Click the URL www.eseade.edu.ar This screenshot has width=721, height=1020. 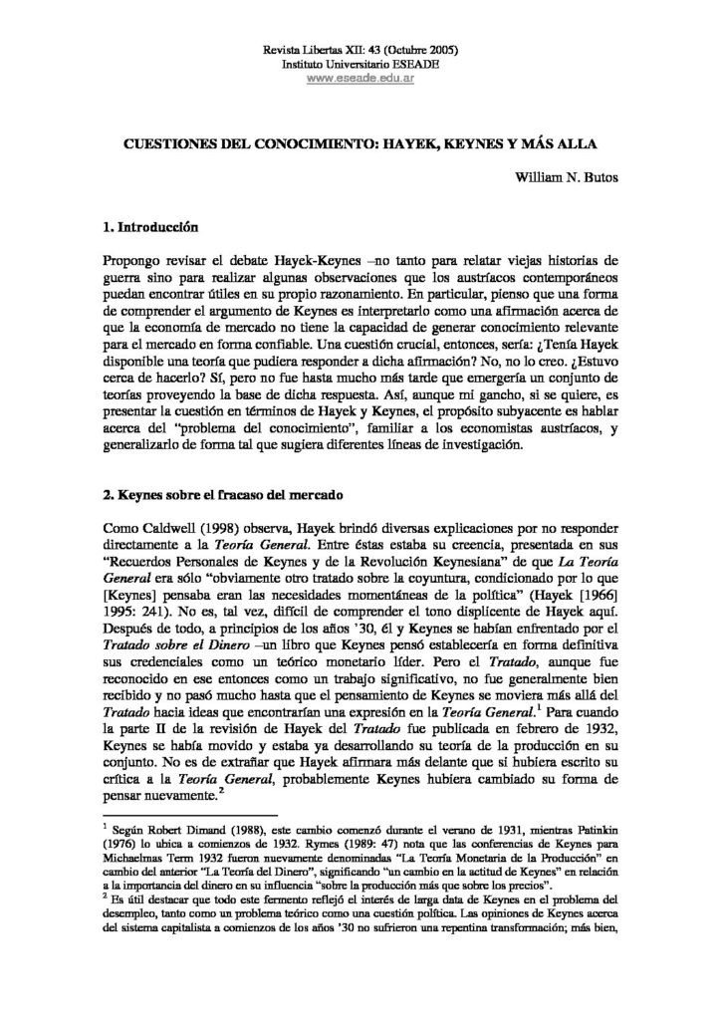point(360,78)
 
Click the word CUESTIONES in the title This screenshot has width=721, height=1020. point(164,142)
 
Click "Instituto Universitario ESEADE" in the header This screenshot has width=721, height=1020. point(360,64)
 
